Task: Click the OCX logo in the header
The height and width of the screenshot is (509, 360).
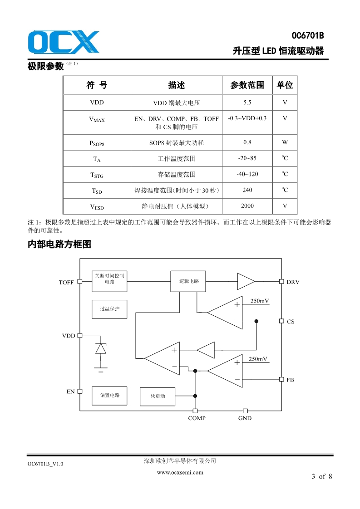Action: [63, 42]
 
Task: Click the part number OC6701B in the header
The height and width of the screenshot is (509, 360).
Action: [307, 36]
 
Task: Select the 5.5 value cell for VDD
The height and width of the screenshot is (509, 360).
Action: [247, 103]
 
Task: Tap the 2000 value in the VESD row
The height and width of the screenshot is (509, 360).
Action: [247, 206]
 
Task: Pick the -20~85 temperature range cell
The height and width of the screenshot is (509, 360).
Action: [247, 158]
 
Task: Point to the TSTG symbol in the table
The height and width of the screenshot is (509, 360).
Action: [97, 175]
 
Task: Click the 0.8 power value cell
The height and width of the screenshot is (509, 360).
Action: [247, 142]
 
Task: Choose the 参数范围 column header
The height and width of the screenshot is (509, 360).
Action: [247, 85]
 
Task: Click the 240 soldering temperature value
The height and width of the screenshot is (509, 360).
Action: [247, 190]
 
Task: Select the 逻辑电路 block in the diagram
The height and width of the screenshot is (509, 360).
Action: [188, 281]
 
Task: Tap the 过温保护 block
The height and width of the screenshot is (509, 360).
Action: [109, 309]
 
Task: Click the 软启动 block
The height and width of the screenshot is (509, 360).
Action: [158, 396]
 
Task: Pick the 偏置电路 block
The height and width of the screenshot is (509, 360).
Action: [109, 395]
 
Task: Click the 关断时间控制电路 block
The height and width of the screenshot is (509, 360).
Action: [109, 279]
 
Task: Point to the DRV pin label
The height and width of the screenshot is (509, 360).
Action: [293, 282]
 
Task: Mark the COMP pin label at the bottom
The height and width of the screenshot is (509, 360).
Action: [197, 418]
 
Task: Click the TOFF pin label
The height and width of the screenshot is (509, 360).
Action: [66, 283]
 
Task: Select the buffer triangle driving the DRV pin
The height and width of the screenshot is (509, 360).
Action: [245, 281]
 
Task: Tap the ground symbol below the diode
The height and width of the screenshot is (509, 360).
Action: [100, 368]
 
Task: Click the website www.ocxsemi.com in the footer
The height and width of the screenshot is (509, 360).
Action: [180, 472]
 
